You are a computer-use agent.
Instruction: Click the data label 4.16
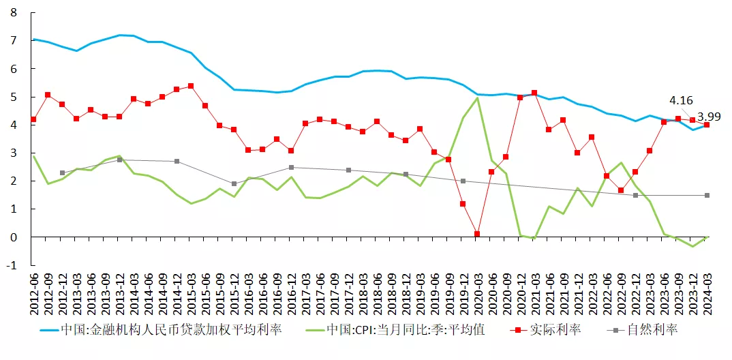[682, 100]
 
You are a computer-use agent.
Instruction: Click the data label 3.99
[709, 117]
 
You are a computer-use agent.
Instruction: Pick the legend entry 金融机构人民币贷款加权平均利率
[170, 331]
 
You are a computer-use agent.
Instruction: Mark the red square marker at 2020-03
[477, 234]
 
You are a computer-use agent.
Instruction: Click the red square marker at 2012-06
[33, 119]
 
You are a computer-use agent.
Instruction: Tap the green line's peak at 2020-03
[477, 98]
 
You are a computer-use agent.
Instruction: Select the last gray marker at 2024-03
[707, 195]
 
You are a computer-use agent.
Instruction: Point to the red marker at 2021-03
[534, 93]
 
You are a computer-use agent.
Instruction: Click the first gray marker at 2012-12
[62, 173]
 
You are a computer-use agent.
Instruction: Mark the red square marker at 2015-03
[191, 86]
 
